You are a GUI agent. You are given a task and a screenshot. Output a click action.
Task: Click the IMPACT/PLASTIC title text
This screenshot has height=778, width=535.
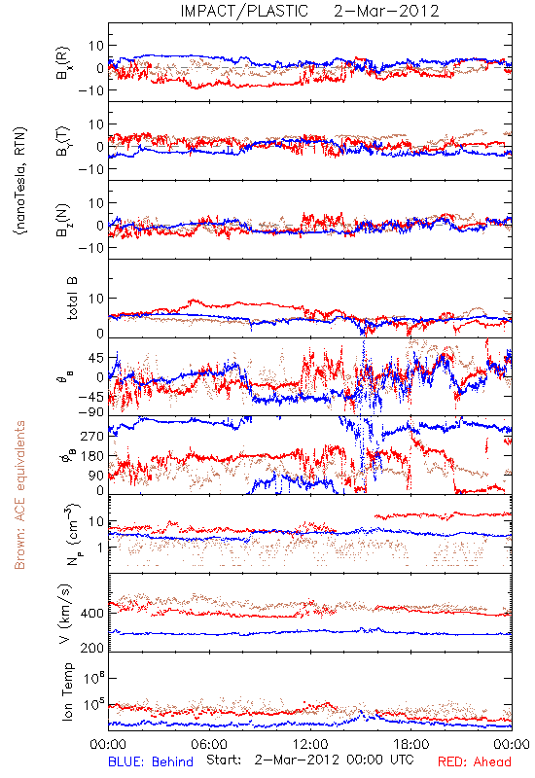[x=244, y=11]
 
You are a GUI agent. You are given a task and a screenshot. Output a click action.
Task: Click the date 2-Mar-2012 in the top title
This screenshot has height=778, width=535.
[x=386, y=11]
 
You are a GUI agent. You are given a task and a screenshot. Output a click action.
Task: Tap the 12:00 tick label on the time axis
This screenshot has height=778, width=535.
[x=310, y=744]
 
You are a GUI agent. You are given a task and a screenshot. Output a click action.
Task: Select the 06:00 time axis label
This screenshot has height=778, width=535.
[x=209, y=744]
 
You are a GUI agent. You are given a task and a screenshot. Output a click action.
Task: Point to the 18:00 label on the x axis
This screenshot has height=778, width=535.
[x=411, y=744]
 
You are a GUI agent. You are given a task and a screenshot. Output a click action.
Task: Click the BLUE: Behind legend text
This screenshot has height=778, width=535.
[x=151, y=761]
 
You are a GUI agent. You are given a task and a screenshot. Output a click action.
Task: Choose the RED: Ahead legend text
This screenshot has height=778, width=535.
[x=475, y=761]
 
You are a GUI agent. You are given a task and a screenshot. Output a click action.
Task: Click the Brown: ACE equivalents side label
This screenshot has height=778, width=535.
[x=19, y=495]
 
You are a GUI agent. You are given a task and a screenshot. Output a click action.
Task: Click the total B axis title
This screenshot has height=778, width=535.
[x=71, y=299]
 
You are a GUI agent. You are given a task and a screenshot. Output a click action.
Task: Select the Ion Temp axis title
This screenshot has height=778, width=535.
[x=67, y=691]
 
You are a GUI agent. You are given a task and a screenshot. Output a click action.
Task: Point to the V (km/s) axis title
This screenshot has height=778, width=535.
[x=65, y=614]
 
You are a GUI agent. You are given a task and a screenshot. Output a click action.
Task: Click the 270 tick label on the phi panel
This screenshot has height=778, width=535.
[x=92, y=437]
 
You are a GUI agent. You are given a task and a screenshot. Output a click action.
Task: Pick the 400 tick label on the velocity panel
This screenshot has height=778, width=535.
[x=92, y=614]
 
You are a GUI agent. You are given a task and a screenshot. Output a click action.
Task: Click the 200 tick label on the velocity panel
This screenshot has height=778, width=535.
[x=92, y=648]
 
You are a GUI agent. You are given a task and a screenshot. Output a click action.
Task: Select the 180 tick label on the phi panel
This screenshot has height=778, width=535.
[x=92, y=456]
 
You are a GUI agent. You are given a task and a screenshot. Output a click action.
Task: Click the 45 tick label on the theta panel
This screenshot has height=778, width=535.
[x=96, y=358]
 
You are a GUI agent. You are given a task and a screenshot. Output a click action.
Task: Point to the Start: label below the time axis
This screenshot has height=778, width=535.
[x=224, y=760]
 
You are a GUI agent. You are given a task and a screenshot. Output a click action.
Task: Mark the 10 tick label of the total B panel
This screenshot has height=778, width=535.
[x=96, y=299]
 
